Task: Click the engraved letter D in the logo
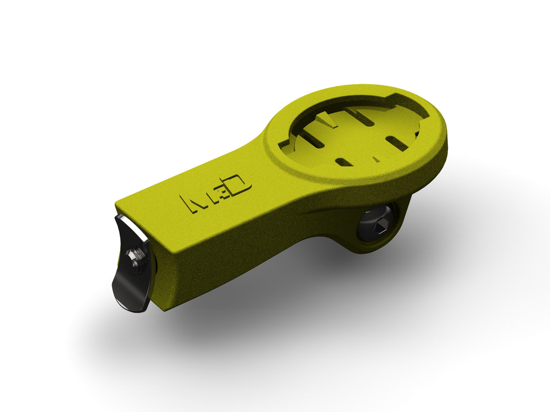240,185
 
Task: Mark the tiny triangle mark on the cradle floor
376,158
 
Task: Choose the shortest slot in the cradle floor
344,162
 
